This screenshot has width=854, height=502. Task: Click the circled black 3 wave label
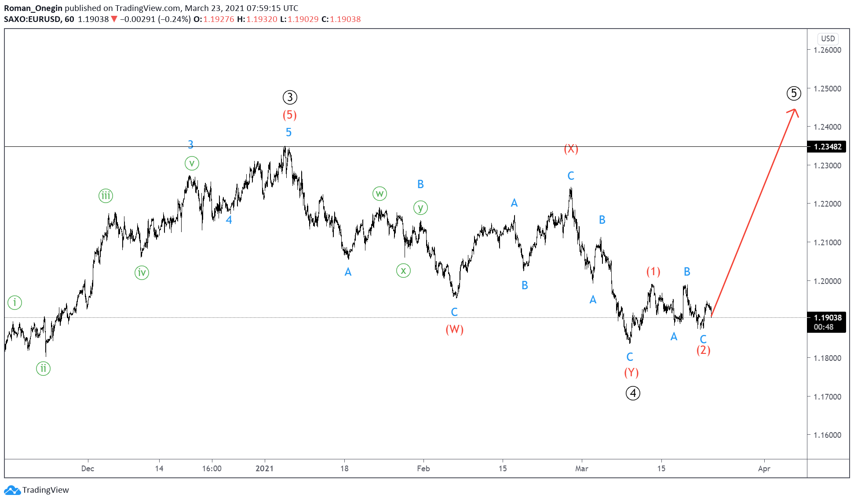point(290,97)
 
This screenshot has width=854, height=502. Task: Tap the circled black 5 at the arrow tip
point(794,93)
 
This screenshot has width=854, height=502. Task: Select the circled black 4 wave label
point(633,393)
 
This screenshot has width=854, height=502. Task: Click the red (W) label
point(455,329)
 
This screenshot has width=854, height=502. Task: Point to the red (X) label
point(571,149)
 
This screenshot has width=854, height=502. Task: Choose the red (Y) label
point(631,373)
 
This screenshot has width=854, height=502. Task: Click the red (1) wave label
point(653,272)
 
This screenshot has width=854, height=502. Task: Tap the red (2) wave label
point(704,350)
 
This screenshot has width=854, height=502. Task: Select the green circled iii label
point(106,196)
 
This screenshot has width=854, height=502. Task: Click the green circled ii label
point(43,368)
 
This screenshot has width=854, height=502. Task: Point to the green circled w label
point(380,193)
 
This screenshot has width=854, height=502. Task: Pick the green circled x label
point(403,271)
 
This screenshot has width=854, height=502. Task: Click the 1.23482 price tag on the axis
point(827,147)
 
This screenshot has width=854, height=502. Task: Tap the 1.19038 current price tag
point(827,318)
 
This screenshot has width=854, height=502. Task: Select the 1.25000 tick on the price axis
point(827,88)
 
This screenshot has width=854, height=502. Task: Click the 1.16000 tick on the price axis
point(827,435)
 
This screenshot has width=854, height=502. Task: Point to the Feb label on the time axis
point(423,469)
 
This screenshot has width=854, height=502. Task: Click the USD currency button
point(828,39)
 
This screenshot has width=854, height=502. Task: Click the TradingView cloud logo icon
point(12,490)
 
